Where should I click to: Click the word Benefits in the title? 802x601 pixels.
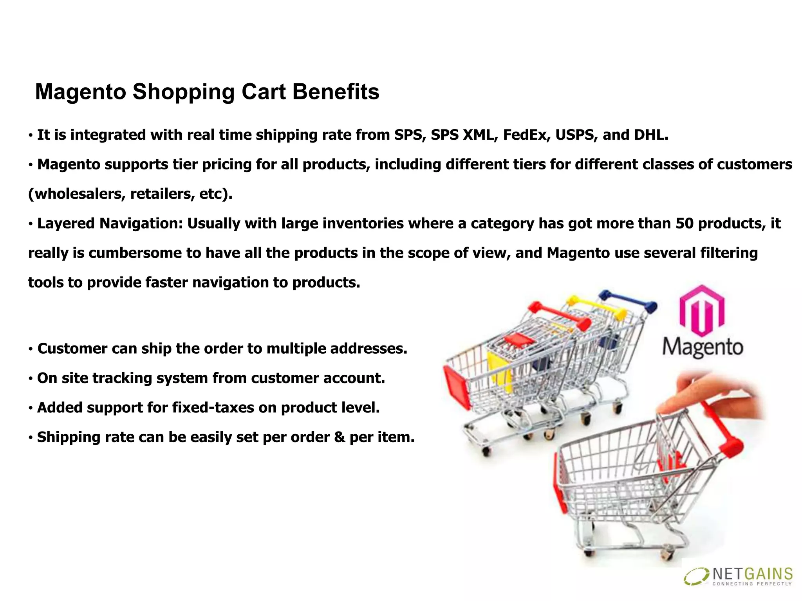coord(336,92)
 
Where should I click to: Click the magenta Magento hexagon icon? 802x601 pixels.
coord(702,310)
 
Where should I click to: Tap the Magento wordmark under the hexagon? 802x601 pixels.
coord(703,347)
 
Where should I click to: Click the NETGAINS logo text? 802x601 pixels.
coord(752,574)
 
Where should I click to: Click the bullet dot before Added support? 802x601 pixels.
coord(31,408)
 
